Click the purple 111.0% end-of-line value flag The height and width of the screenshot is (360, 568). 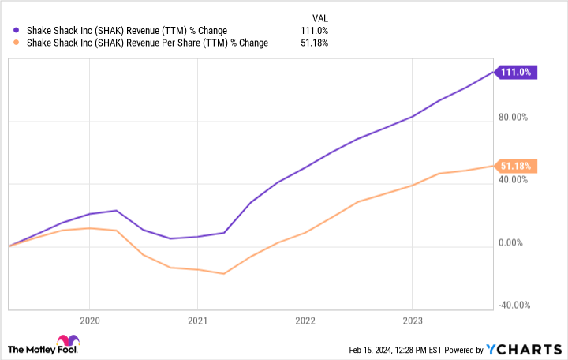(x=517, y=72)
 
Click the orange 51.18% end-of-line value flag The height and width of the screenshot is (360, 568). (x=517, y=166)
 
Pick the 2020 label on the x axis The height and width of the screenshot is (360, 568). (x=89, y=321)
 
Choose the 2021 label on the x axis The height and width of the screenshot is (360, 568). (x=197, y=321)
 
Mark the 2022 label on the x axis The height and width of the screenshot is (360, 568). (x=305, y=321)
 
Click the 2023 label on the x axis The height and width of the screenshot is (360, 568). (x=413, y=321)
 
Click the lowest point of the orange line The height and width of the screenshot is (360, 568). (x=224, y=274)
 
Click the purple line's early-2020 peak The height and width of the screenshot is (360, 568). (x=117, y=210)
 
